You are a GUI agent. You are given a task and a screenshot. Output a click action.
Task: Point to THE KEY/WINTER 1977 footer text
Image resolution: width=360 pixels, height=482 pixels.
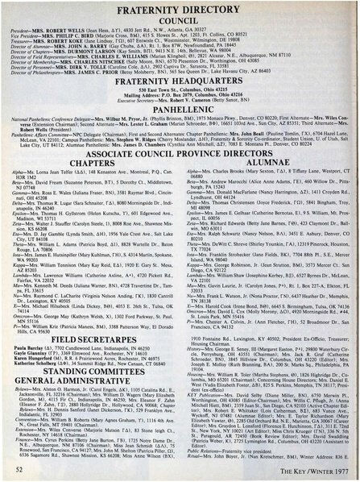314,469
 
